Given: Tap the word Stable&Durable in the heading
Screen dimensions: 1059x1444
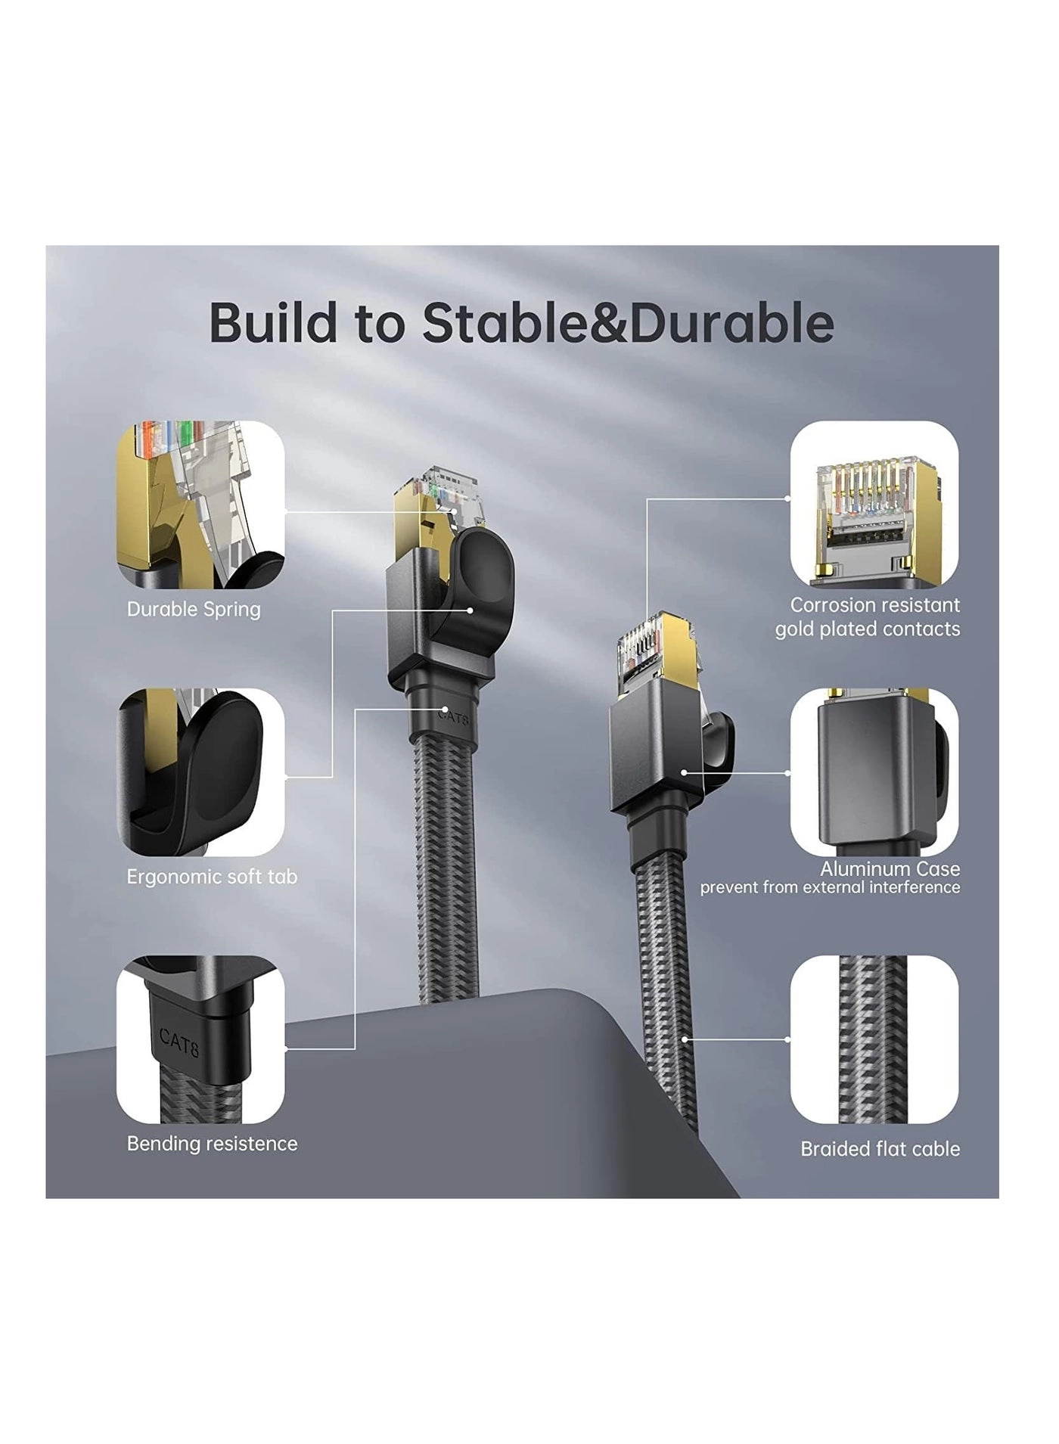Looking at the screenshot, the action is pos(629,323).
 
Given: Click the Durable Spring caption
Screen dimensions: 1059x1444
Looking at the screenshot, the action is pos(194,610).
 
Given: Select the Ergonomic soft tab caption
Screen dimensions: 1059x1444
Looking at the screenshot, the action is pos(212,877).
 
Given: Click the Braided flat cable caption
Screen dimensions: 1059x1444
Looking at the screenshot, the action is pos(880,1149).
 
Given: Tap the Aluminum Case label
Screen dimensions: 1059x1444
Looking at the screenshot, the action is pos(890,869).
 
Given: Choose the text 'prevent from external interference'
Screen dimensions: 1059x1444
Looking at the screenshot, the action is pos(830,887).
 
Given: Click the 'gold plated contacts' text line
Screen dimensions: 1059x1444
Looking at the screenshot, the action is pos(868,629).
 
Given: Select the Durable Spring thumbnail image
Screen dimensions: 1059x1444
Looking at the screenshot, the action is pos(200,505).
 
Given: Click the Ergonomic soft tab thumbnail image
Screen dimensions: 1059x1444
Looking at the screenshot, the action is pos(200,772).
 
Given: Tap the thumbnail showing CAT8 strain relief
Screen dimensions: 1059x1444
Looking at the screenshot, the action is pos(200,1039).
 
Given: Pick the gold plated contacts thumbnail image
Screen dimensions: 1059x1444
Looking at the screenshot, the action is pos(874,505).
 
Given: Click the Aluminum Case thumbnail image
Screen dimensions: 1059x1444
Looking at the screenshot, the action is pos(874,772).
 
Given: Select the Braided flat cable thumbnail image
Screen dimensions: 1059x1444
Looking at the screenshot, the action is pos(874,1039).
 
